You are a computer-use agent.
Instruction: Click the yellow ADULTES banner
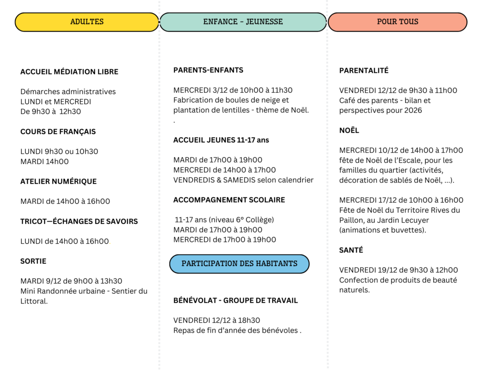(x=87, y=22)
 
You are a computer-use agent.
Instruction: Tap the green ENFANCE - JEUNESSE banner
(x=243, y=22)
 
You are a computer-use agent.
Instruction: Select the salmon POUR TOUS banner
(x=398, y=22)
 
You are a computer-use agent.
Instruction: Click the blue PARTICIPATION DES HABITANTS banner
(x=239, y=264)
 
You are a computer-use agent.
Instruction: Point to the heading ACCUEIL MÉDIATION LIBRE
(x=69, y=72)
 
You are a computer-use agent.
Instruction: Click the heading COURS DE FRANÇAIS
(x=58, y=132)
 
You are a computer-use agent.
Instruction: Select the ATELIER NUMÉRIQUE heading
(x=58, y=181)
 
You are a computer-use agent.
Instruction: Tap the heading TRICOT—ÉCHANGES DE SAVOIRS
(x=79, y=222)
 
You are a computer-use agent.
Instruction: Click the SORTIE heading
(x=33, y=261)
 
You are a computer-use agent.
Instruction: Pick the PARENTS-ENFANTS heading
(x=208, y=70)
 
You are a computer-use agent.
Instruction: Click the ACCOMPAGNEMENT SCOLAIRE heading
(x=229, y=200)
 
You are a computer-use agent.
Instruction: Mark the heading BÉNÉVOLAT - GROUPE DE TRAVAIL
(x=235, y=301)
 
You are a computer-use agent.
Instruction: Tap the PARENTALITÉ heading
(x=364, y=71)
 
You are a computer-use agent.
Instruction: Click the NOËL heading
(x=349, y=131)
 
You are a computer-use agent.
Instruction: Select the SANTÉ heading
(x=351, y=250)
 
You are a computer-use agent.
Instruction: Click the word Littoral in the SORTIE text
(x=34, y=301)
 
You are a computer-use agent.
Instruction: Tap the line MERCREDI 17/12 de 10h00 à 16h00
(x=401, y=200)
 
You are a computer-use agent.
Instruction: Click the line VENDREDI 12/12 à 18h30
(x=217, y=320)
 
